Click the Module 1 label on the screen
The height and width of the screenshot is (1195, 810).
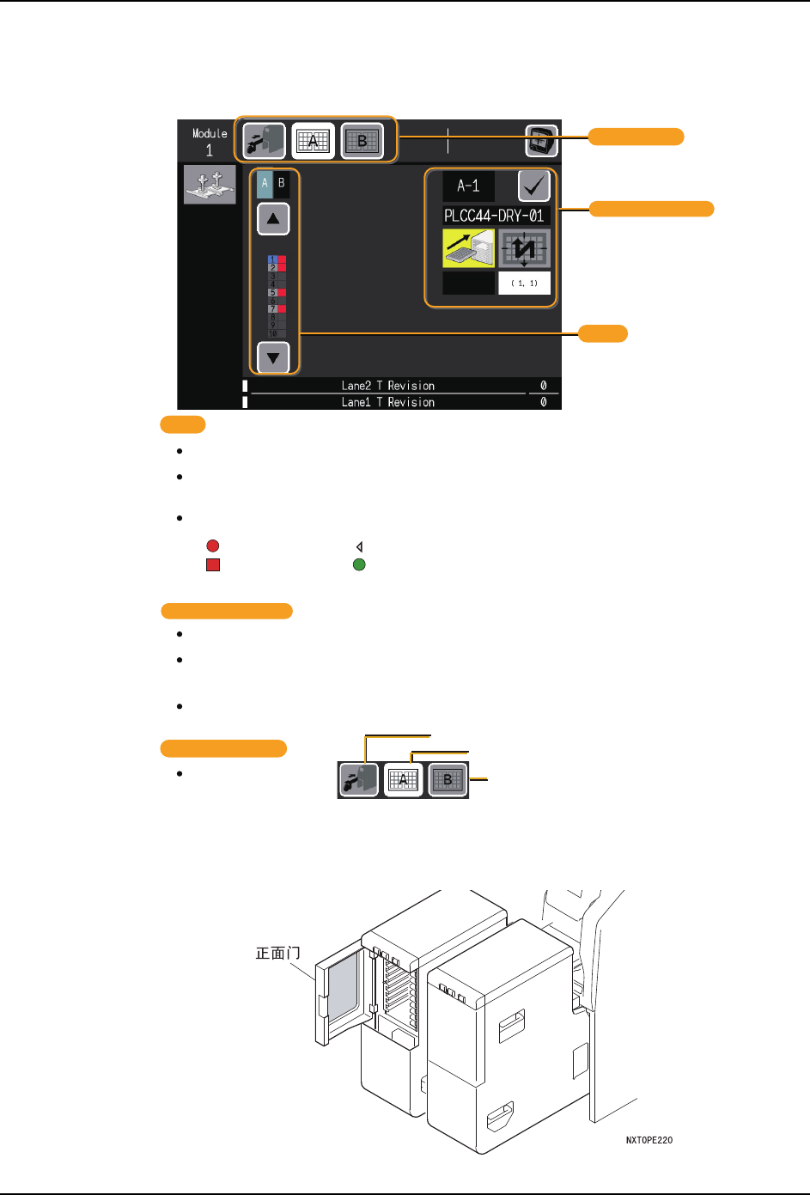[x=210, y=142]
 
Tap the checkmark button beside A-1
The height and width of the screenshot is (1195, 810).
[x=533, y=186]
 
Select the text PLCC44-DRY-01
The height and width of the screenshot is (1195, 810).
[x=495, y=216]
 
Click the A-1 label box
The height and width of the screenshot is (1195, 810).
[x=468, y=186]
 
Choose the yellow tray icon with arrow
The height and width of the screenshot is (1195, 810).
[x=468, y=248]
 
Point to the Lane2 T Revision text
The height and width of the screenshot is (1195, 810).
[x=387, y=386]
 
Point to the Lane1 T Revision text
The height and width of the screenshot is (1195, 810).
[x=387, y=402]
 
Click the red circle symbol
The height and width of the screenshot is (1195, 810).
[x=212, y=546]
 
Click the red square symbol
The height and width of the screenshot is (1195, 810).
[x=212, y=565]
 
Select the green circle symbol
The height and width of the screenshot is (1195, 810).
[x=359, y=565]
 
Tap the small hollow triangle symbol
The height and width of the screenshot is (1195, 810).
[x=359, y=546]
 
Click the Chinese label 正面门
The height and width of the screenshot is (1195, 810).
[x=278, y=953]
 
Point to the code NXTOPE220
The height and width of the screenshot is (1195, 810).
[x=649, y=1140]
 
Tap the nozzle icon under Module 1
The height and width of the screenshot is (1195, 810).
[x=210, y=185]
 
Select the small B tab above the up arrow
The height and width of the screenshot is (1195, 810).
[x=281, y=183]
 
